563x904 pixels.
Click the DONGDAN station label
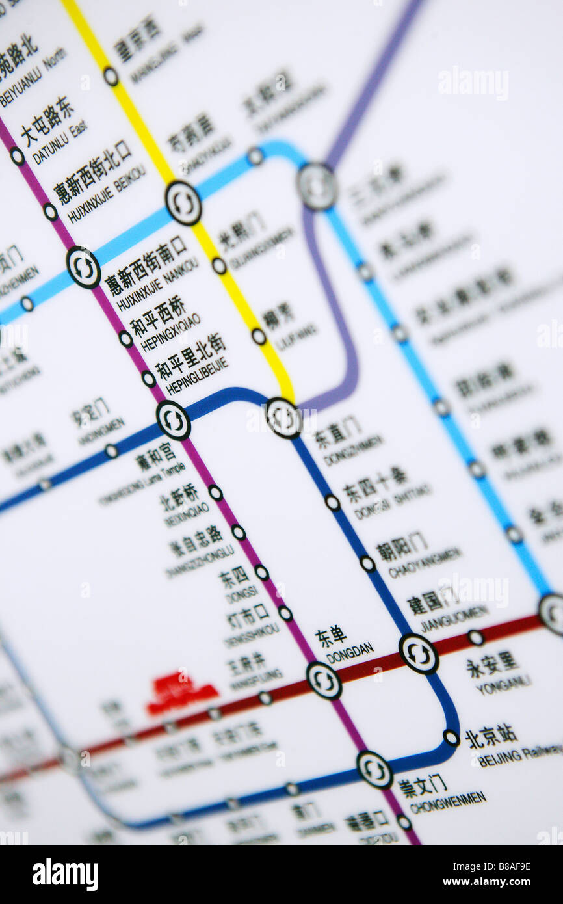point(349,648)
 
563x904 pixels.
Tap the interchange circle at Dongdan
point(324,680)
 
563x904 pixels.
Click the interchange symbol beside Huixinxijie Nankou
point(83,267)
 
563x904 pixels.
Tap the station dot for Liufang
point(259,336)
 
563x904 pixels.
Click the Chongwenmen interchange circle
point(374,770)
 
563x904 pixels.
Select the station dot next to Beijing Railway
point(451,738)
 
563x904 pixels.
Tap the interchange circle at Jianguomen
point(419,654)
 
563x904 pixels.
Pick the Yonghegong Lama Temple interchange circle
point(174,420)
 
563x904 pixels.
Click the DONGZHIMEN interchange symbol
point(284,418)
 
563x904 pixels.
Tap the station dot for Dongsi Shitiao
point(332,502)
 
